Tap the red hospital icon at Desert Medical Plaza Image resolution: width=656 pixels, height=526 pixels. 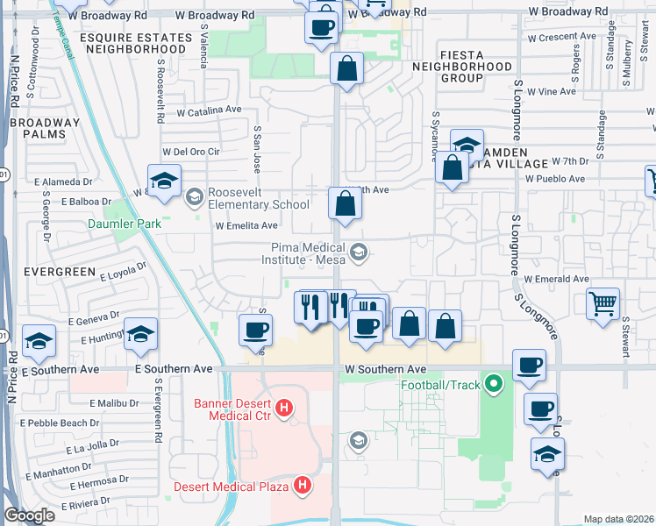[303, 484]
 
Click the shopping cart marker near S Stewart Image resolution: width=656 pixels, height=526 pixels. [603, 304]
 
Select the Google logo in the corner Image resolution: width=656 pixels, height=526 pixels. [30, 515]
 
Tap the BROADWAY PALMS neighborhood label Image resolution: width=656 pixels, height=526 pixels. [45, 128]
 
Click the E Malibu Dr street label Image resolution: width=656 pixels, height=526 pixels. [113, 403]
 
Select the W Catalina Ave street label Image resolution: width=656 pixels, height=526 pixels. [209, 111]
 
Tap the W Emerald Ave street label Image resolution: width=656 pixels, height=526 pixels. [557, 279]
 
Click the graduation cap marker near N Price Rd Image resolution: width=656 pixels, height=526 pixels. [39, 341]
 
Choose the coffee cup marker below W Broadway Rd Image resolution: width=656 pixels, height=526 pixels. [321, 25]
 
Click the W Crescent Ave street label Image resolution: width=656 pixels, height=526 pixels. [562, 38]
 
